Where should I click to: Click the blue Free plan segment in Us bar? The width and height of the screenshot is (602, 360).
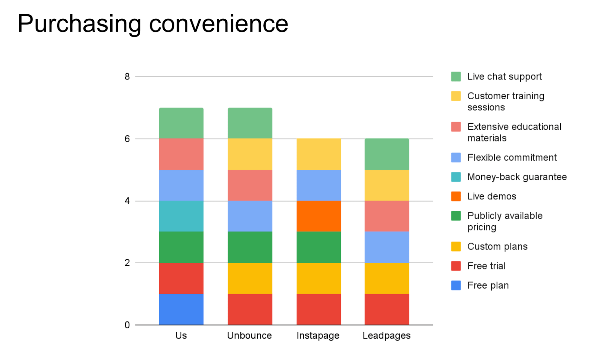[181, 309]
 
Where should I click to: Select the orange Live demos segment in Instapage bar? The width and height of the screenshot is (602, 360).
[319, 216]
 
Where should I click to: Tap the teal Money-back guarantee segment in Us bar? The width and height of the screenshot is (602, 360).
[181, 216]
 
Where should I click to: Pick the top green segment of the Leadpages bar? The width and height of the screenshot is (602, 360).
[387, 154]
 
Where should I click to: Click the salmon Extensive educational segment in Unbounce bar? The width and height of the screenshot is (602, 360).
[250, 185]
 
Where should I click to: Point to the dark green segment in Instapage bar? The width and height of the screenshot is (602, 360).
[319, 247]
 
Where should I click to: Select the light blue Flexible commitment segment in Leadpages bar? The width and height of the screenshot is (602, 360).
[387, 247]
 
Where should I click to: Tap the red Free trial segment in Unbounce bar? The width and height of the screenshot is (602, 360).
[250, 309]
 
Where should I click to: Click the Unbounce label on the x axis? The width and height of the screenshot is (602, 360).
[249, 336]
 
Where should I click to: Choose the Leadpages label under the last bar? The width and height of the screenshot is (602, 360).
[386, 336]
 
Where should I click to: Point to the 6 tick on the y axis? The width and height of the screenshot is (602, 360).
[127, 139]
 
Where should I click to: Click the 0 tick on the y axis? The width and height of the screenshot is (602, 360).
[127, 325]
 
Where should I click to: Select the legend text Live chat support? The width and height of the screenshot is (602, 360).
[504, 77]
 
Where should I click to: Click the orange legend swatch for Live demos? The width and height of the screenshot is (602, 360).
[456, 196]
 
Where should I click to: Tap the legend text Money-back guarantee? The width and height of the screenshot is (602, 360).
[517, 177]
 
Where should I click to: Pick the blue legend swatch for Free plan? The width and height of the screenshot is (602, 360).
[456, 286]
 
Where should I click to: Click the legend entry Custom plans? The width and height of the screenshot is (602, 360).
[497, 247]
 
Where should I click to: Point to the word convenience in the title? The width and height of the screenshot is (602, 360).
[219, 24]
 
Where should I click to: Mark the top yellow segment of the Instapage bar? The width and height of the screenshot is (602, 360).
[319, 154]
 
